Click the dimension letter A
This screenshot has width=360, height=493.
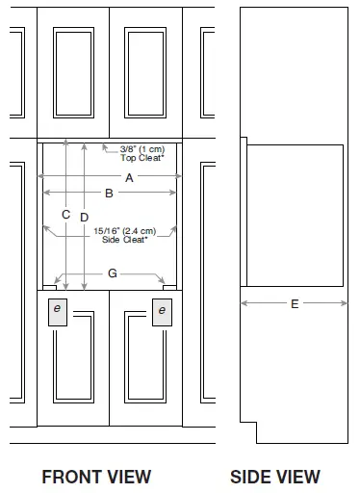point(128,178)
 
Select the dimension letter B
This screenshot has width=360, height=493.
point(109,194)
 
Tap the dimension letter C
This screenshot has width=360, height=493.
point(65,215)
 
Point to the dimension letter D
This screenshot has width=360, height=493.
point(85,217)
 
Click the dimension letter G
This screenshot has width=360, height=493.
point(112,274)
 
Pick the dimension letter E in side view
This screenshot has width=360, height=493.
point(294,303)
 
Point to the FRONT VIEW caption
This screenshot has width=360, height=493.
point(95,476)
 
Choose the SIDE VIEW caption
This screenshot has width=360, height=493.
point(275,476)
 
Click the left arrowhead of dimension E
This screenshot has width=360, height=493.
point(243,303)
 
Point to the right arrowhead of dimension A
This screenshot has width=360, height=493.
point(176,178)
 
